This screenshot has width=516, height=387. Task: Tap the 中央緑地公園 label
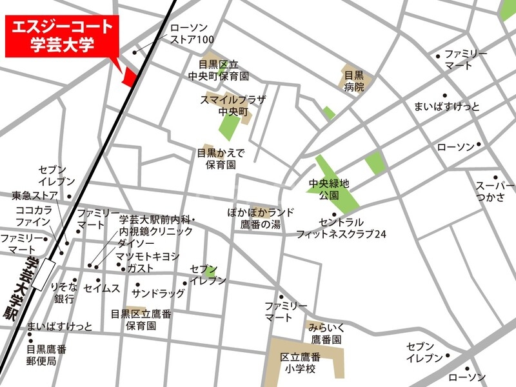pos(329,189)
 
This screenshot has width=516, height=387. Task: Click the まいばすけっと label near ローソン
pos(447,106)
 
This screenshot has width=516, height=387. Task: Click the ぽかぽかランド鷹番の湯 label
pos(261,218)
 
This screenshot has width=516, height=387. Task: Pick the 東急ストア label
pos(35,195)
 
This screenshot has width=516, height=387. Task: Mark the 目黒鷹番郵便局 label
pos(46,355)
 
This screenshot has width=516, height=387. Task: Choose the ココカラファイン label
pos(34,217)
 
